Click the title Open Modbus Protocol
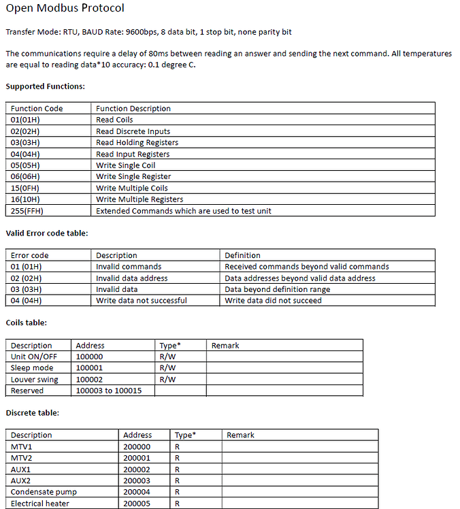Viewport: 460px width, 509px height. (x=65, y=9)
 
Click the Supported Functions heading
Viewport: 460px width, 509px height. (x=45, y=86)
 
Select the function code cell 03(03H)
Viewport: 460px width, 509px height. (x=25, y=143)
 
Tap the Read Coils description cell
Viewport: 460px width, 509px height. (x=114, y=120)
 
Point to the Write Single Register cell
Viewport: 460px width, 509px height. (x=133, y=177)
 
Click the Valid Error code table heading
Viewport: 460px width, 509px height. (x=47, y=233)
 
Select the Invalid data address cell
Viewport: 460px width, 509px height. (x=131, y=278)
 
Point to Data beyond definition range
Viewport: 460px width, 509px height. (x=277, y=289)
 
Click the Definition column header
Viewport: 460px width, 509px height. (x=242, y=256)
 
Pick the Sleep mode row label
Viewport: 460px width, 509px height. (x=31, y=368)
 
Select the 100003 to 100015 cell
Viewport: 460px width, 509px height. (x=109, y=391)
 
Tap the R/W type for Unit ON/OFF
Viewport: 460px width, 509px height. (x=167, y=357)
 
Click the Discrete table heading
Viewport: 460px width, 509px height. (x=33, y=413)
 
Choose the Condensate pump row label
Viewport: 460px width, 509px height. (x=44, y=492)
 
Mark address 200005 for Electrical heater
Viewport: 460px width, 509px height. (x=137, y=504)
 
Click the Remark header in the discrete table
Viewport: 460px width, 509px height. (x=240, y=436)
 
